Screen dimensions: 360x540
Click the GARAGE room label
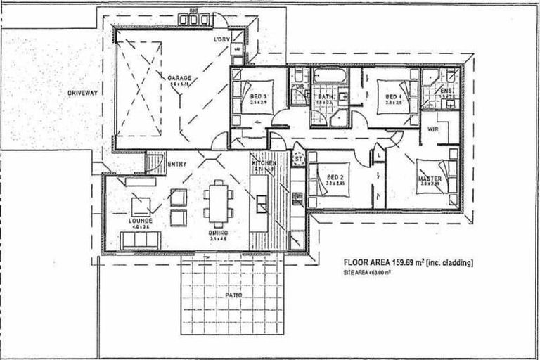click(179, 77)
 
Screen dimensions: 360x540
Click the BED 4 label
click(393, 96)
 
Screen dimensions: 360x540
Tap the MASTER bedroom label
click(430, 179)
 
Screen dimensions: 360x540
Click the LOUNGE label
click(141, 221)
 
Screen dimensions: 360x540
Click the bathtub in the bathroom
click(328, 75)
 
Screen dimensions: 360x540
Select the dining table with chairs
click(217, 202)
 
